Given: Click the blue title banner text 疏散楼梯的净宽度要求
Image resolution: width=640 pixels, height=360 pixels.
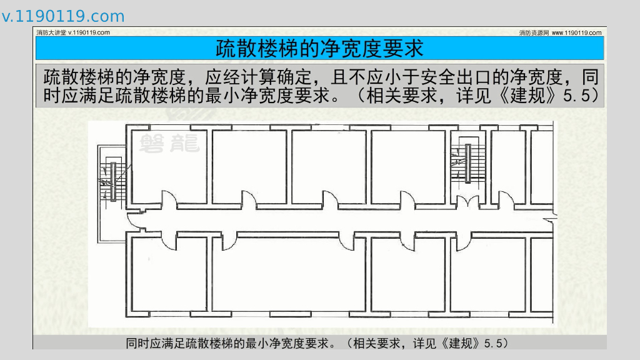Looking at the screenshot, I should tap(319, 48).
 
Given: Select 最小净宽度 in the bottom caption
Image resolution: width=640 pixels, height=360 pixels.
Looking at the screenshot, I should tap(273, 343).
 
